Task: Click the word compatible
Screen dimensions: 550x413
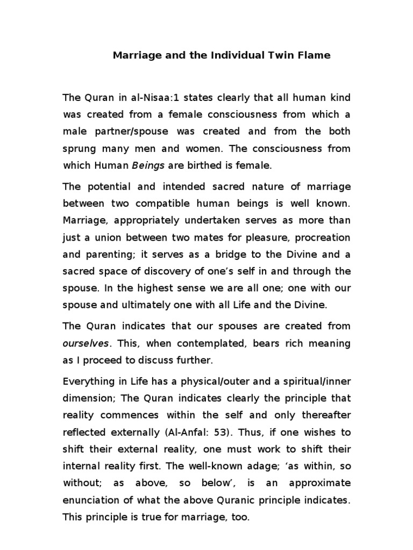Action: [168, 204]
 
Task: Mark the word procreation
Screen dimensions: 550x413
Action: [324, 237]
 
